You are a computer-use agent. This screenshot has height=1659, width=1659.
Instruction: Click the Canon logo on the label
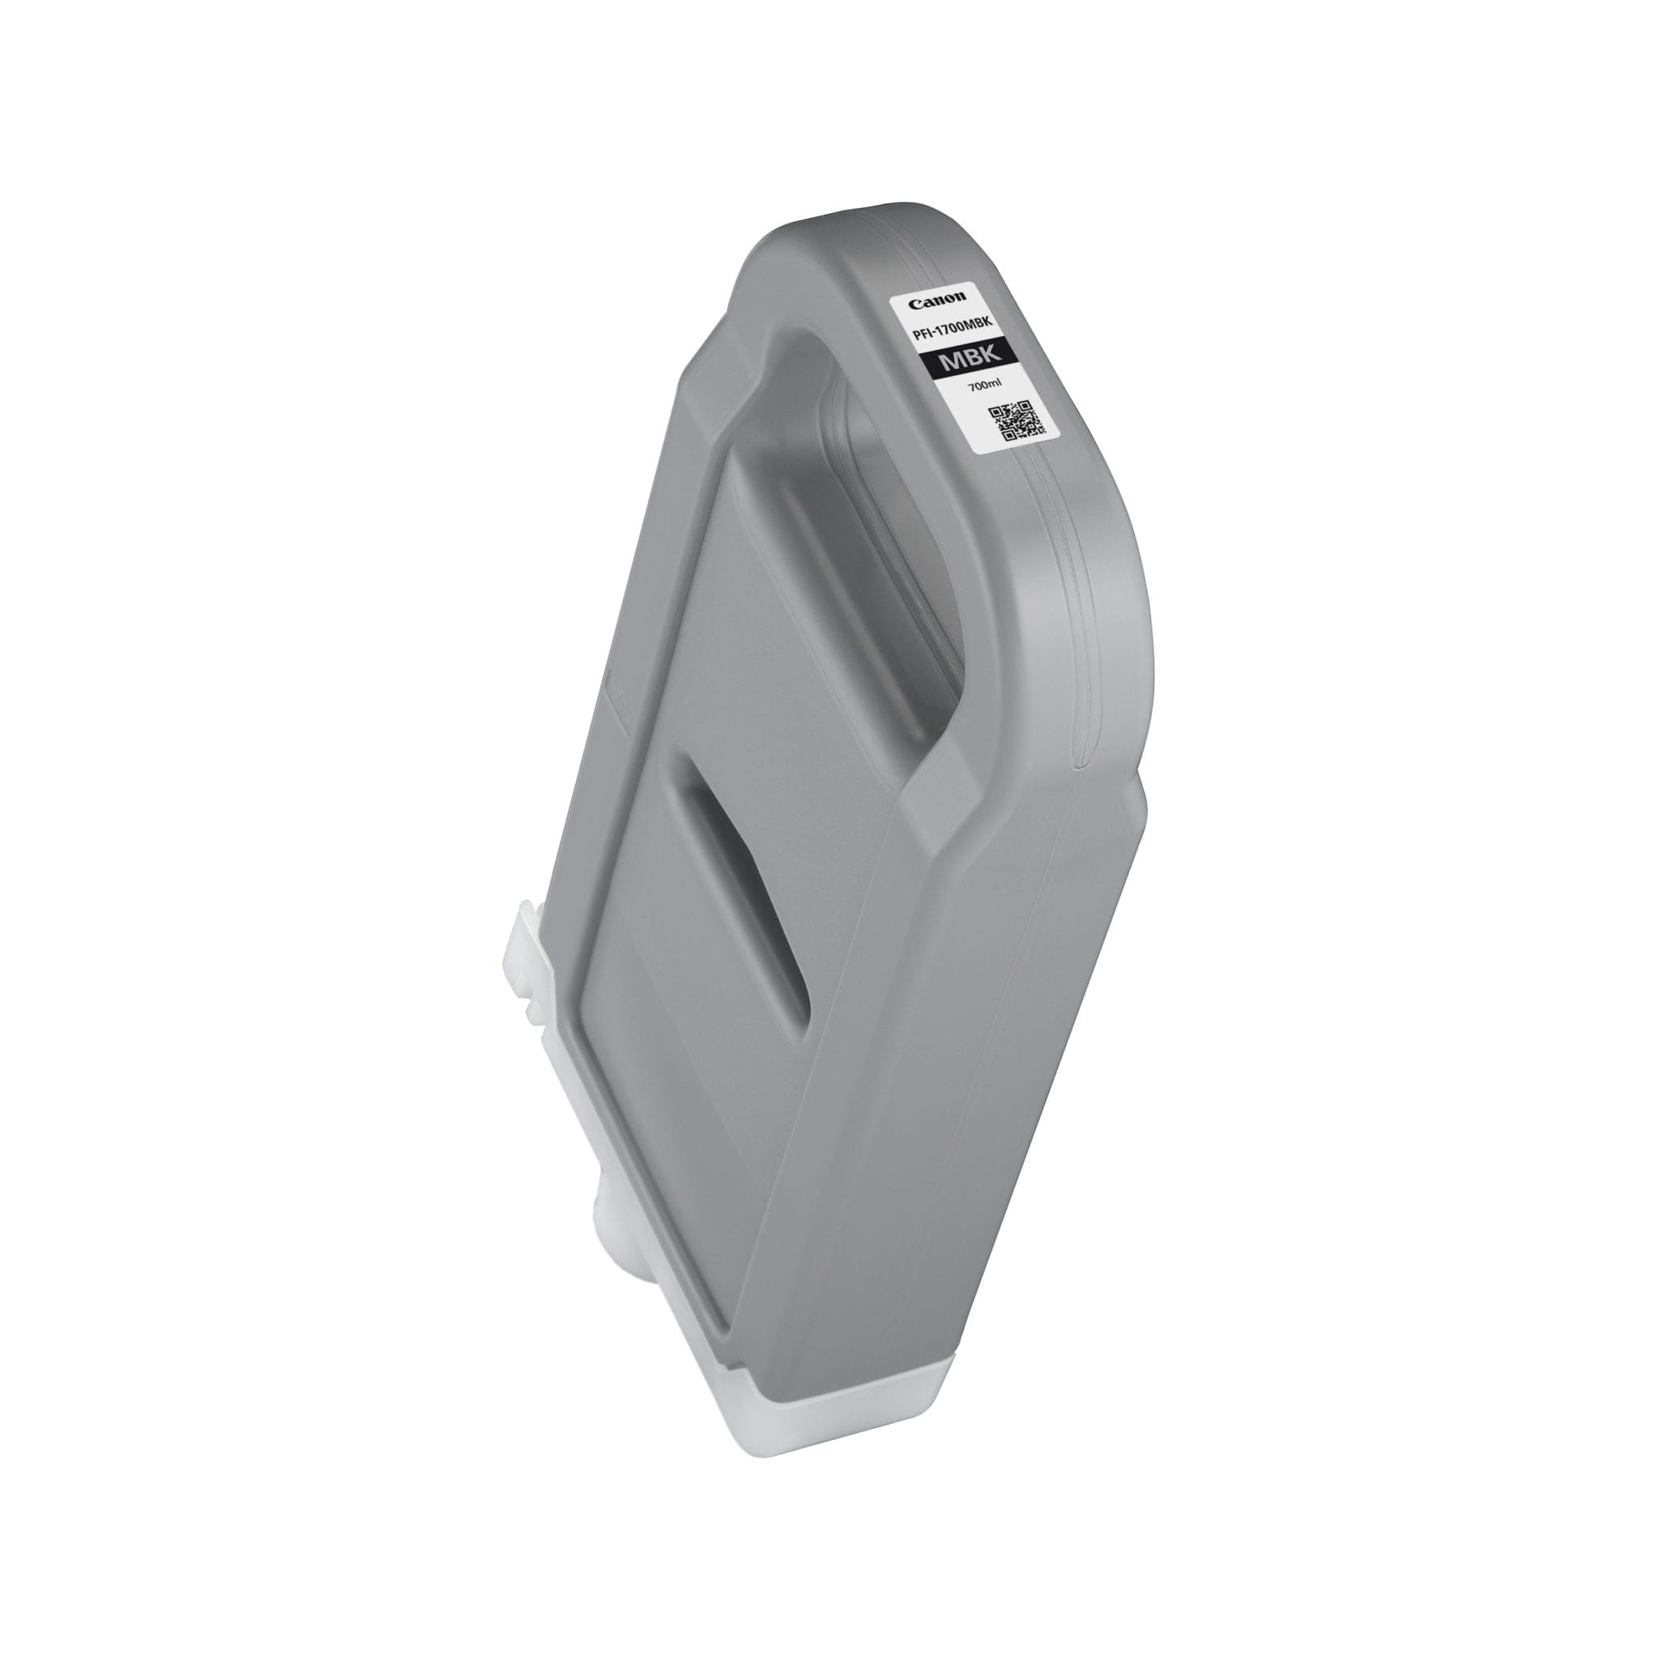coord(937,301)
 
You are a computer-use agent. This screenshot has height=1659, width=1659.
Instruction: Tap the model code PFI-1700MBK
coord(953,330)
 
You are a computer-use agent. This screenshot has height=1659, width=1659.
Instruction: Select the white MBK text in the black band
coord(971,358)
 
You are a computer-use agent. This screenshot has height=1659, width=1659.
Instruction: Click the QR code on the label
coord(1017,423)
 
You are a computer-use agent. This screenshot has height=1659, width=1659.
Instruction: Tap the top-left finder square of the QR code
coord(996,412)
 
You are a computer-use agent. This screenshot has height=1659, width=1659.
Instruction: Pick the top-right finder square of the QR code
coord(1026,406)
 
